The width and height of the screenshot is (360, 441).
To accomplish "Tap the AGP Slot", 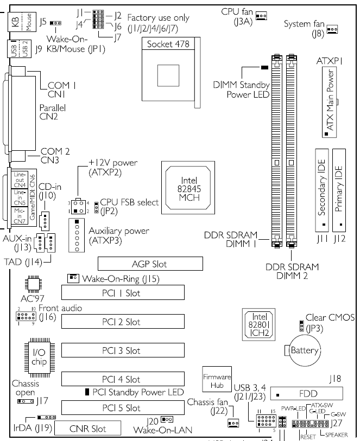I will click(150, 264).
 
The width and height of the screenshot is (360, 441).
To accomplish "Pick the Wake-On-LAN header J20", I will click(167, 419).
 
